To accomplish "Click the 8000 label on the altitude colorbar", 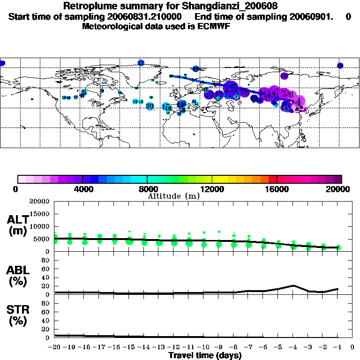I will pyautogui.click(x=147, y=189).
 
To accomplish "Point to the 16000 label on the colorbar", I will pyautogui.click(x=277, y=189).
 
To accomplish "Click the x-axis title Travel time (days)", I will pyautogui.click(x=205, y=356).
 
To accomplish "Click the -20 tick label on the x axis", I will pyautogui.click(x=54, y=347).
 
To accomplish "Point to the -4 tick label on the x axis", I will pyautogui.click(x=292, y=347).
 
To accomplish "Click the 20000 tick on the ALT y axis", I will pyautogui.click(x=40, y=202).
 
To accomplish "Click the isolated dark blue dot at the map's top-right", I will pyautogui.click(x=340, y=66).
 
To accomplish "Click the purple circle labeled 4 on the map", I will pyautogui.click(x=299, y=101).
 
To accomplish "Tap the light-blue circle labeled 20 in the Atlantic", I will pyautogui.click(x=150, y=106).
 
